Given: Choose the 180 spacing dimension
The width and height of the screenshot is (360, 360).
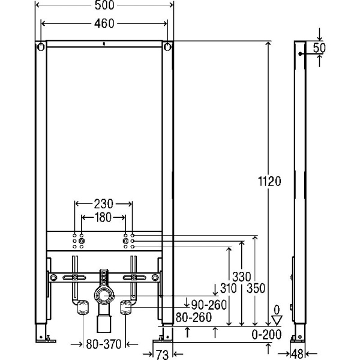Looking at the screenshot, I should tap(103, 217).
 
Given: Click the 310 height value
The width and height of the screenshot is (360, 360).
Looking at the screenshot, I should tap(226, 288).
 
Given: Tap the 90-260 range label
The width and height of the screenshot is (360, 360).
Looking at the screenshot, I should tap(206, 304).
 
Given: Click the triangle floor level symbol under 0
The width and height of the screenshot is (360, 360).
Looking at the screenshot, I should tap(277, 319).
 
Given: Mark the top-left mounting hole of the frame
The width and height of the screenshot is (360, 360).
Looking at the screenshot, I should tap(40, 47).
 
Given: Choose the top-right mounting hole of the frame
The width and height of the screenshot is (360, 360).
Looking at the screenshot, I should tap(169, 47).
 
